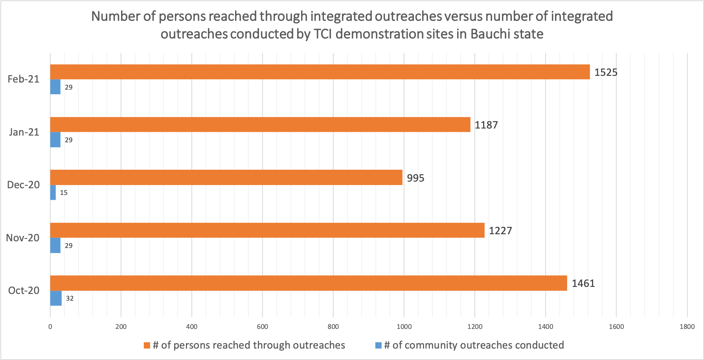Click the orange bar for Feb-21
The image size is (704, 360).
pyautogui.click(x=320, y=72)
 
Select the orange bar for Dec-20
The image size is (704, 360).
pyautogui.click(x=226, y=177)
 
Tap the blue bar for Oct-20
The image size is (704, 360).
pyautogui.click(x=56, y=298)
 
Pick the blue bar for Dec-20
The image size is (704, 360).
pyautogui.click(x=53, y=193)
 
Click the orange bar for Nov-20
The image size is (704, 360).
pyautogui.click(x=267, y=230)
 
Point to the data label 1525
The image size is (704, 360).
pyautogui.click(x=606, y=72)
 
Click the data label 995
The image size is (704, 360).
pyautogui.click(x=415, y=178)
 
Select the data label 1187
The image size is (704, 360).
pyautogui.click(x=486, y=125)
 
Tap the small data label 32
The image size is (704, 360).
pyautogui.click(x=70, y=299)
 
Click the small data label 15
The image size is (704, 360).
pyautogui.click(x=64, y=193)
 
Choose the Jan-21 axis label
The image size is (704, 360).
pyautogui.click(x=24, y=132)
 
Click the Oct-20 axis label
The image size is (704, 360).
pyautogui.click(x=24, y=290)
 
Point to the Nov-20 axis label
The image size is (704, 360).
pyautogui.click(x=23, y=238)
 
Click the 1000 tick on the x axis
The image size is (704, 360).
pyautogui.click(x=404, y=327)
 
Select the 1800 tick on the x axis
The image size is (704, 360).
pyautogui.click(x=687, y=327)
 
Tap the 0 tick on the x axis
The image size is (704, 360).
pyautogui.click(x=50, y=327)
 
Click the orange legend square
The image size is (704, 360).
pyautogui.click(x=147, y=345)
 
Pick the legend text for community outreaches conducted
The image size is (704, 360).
pyautogui.click(x=474, y=345)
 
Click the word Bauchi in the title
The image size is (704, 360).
pyautogui.click(x=488, y=34)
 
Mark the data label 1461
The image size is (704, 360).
pyautogui.click(x=583, y=283)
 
